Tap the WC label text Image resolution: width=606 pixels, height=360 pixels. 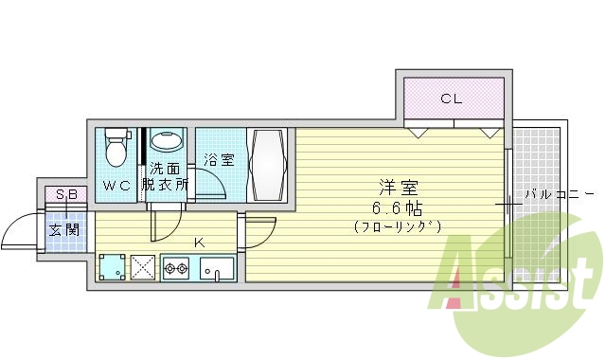point(117,187)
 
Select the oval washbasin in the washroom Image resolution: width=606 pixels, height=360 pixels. point(169,142)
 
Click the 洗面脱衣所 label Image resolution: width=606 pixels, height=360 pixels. point(165,177)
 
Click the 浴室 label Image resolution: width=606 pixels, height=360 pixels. point(220,161)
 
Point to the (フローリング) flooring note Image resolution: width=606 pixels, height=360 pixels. point(398,227)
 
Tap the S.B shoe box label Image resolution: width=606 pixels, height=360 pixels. point(66,195)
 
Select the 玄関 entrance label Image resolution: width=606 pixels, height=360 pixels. point(64,229)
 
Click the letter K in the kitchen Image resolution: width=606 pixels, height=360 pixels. point(199,243)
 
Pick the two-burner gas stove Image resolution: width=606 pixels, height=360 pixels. point(177,269)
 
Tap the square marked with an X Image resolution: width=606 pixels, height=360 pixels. point(144,269)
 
